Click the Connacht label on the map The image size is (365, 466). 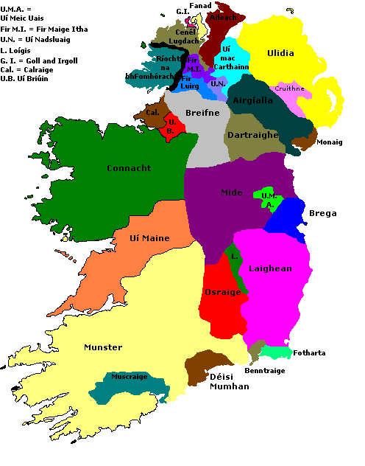pos(129,168)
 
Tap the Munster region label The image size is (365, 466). pos(103,347)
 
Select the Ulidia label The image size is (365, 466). pos(280,53)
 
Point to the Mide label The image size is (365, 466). pos(231,192)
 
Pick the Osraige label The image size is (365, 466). pos(222,292)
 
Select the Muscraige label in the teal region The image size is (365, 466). pos(130,377)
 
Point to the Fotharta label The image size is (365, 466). pos(309,352)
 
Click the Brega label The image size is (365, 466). pos(322,214)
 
